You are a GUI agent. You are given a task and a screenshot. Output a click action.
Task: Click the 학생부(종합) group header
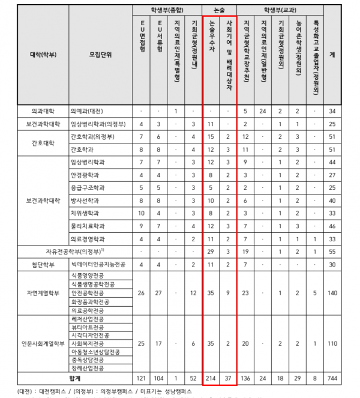click(x=166, y=10)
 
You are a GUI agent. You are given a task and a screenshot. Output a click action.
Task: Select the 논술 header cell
click(x=219, y=10)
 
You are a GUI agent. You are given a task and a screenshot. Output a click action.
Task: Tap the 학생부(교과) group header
click(x=280, y=10)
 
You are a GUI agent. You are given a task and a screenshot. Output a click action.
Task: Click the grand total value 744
click(x=333, y=380)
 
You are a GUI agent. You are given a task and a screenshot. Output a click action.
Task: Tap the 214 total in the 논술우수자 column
click(x=211, y=380)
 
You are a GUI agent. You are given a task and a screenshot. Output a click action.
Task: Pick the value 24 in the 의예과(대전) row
click(x=263, y=111)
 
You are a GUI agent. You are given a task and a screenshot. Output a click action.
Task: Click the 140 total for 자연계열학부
click(x=333, y=293)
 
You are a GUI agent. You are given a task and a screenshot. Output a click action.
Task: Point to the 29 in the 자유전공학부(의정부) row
click(x=211, y=250)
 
